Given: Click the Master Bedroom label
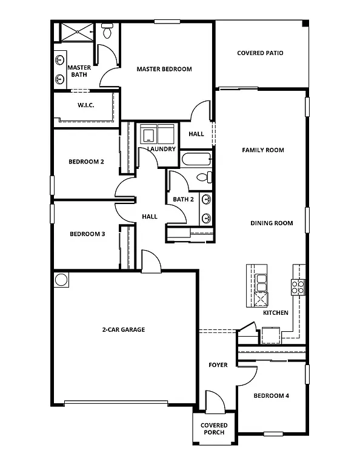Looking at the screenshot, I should click(164, 69).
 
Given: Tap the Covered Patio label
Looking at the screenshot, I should click(259, 53).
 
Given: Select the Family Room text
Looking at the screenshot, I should click(263, 150).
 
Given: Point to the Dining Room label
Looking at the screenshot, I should click(272, 223).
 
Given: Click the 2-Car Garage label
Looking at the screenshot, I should click(123, 330).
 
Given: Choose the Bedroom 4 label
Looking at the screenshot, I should click(271, 396).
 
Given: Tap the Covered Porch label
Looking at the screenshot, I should click(214, 429).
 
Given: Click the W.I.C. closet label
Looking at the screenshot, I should click(85, 105).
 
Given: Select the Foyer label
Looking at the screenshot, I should click(218, 365).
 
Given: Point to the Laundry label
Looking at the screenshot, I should click(161, 149).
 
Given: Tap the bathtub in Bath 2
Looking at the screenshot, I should click(196, 160).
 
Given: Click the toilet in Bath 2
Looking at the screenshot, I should click(207, 177).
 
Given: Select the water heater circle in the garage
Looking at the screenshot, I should click(61, 280).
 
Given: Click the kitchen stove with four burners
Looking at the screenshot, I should click(298, 286).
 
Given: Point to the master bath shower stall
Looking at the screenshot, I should click(75, 32).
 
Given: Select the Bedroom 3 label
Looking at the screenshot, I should click(87, 234).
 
